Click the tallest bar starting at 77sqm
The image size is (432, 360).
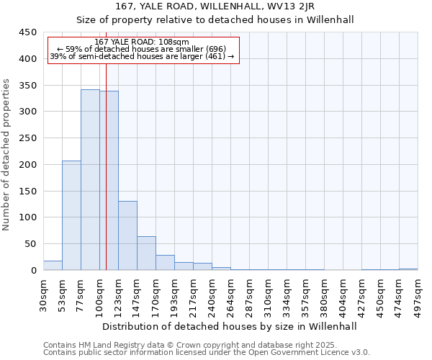point(90,180)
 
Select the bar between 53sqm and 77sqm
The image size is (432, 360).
point(71,216)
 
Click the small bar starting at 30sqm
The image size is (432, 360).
point(53,266)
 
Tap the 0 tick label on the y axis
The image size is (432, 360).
point(33,271)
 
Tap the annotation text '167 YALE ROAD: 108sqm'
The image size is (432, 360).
point(141,42)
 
